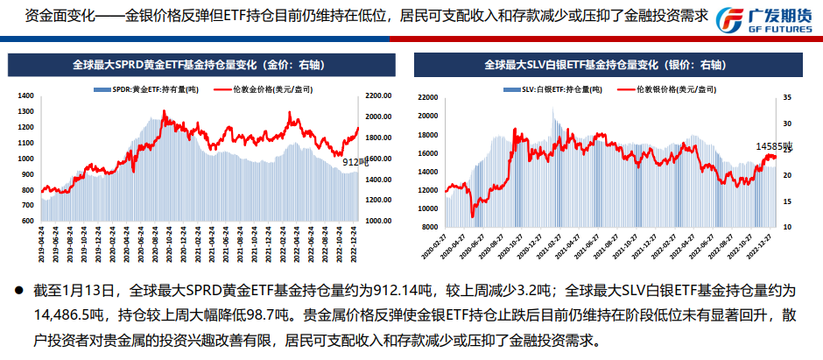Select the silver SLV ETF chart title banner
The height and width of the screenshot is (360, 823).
[603, 65]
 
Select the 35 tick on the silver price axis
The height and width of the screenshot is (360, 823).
[787, 97]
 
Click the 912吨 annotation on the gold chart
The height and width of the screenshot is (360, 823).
[353, 162]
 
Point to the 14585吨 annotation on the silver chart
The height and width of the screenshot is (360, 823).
[774, 145]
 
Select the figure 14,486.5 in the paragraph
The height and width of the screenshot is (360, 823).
[51, 314]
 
